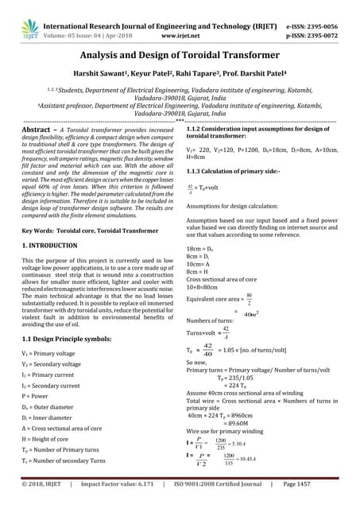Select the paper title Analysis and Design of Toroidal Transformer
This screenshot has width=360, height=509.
(180, 56)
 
